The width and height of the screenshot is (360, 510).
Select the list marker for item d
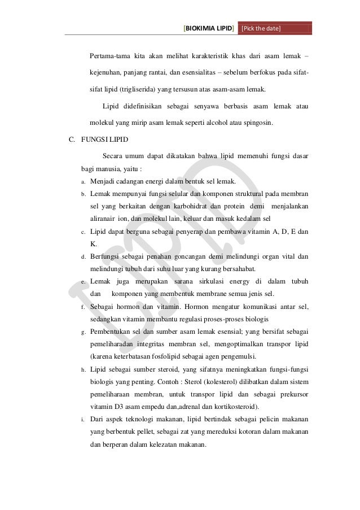[82, 257]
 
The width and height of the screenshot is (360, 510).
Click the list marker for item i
[82, 420]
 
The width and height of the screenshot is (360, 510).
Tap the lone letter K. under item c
[94, 244]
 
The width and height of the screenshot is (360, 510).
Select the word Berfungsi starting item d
[106, 256]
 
